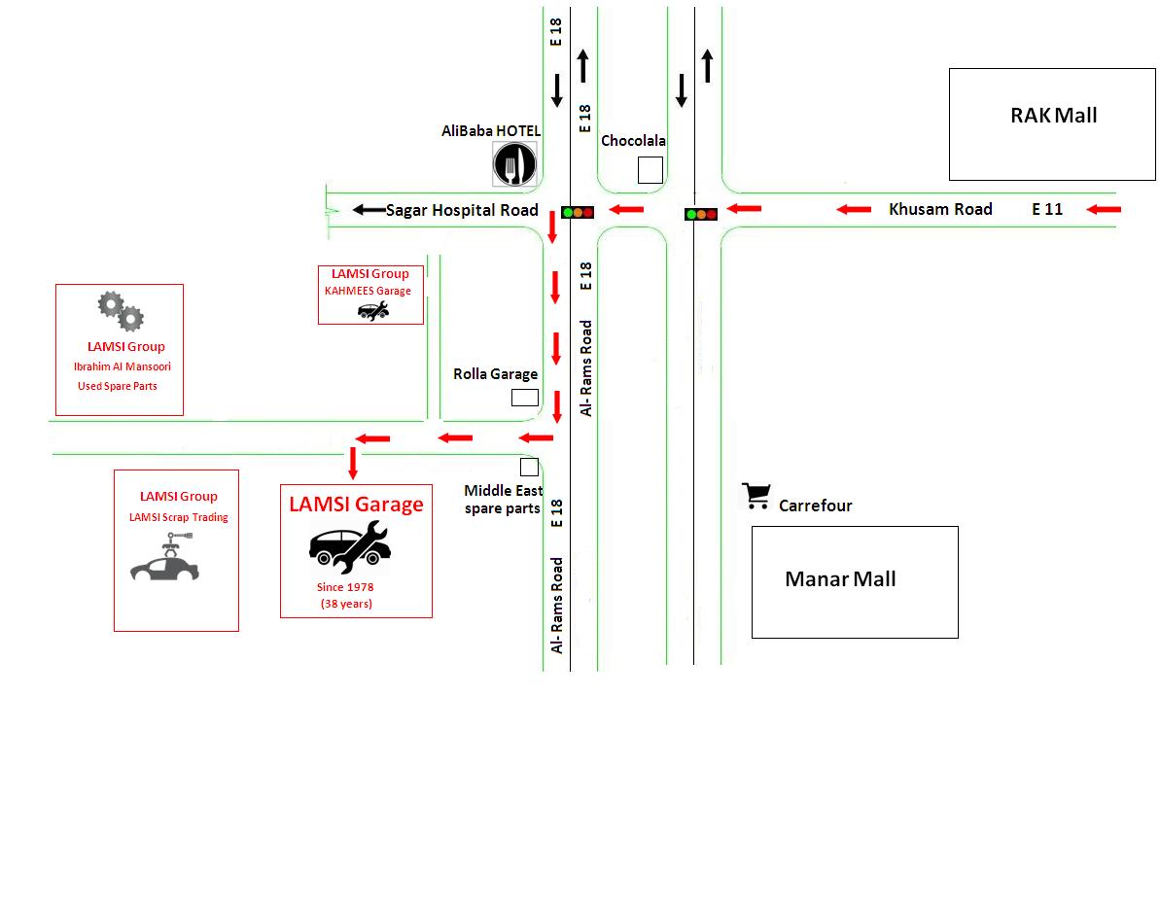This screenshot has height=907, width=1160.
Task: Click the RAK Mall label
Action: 1053,116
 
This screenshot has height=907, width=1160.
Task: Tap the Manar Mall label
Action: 840,579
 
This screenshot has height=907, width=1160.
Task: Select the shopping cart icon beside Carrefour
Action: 756,496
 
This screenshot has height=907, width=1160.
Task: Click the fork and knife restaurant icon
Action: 514,163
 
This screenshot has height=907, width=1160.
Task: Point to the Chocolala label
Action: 633,141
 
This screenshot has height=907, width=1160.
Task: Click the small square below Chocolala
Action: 650,170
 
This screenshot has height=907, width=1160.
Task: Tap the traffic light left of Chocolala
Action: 577,211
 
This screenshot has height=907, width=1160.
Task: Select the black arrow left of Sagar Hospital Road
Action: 368,209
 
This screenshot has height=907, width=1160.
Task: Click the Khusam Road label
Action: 940,209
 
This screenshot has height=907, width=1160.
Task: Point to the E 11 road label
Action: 1047,209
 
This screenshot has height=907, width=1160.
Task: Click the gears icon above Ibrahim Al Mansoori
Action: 121,310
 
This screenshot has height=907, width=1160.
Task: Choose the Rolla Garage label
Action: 495,374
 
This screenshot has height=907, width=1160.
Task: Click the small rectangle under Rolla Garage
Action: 525,398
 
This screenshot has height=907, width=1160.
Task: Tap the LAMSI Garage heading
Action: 356,505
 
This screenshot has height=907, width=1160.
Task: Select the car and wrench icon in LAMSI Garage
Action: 350,546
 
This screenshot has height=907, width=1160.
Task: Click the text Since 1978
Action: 345,587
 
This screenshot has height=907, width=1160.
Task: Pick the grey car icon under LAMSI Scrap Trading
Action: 164,562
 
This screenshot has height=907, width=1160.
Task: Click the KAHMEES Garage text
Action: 368,291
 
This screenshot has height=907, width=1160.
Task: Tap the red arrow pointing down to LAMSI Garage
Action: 353,463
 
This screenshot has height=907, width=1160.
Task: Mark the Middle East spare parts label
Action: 503,500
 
